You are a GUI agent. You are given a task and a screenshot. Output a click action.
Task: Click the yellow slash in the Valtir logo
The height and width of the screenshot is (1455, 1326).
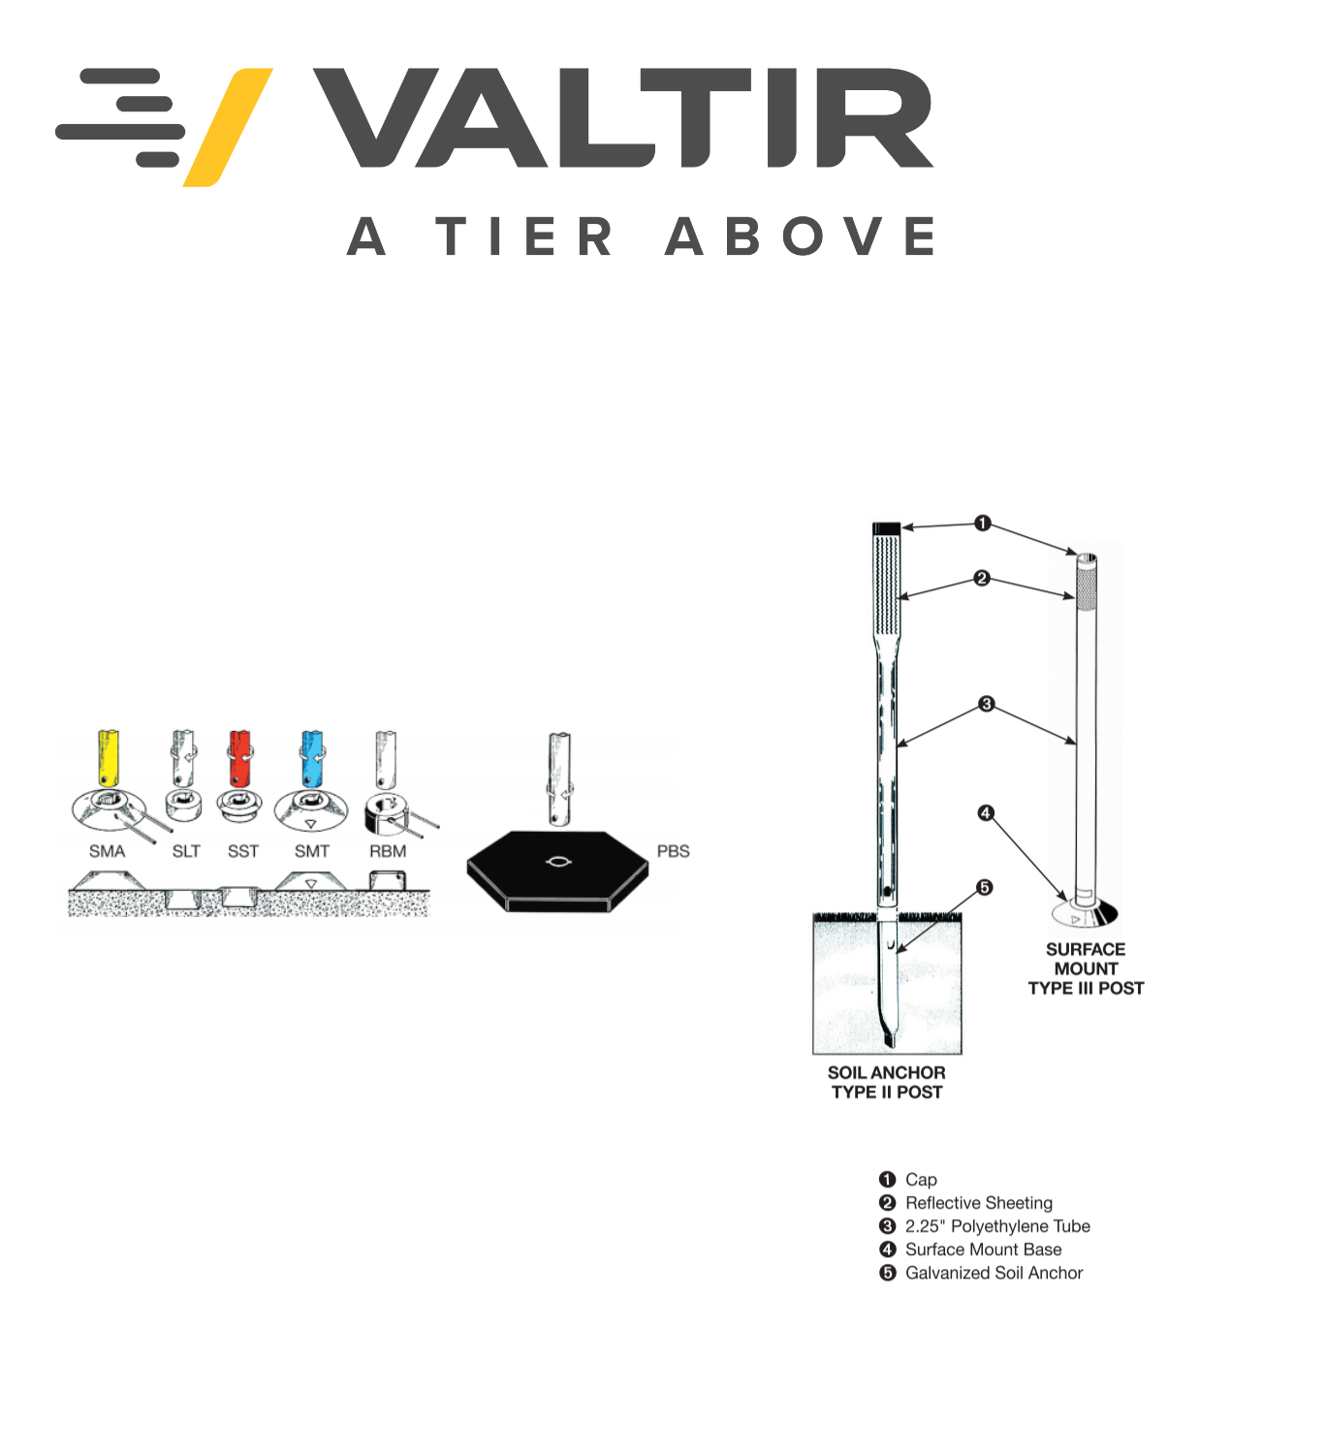tap(228, 127)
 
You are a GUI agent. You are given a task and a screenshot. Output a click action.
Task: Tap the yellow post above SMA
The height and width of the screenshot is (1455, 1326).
tap(109, 757)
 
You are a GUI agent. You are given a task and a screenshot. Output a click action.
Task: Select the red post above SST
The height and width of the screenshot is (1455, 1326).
tap(240, 758)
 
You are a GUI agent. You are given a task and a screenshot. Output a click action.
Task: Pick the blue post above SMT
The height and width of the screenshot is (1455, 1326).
tap(311, 758)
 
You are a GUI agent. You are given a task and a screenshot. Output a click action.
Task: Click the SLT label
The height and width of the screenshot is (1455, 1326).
tap(186, 851)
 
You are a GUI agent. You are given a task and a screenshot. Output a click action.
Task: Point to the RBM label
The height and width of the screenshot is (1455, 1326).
tap(388, 851)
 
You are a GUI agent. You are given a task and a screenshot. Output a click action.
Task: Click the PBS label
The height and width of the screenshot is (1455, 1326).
tap(673, 851)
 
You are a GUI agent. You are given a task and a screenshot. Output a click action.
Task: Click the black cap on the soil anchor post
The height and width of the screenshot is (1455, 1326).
tap(886, 528)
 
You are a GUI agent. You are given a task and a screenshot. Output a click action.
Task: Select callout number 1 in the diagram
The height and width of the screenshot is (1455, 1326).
tap(982, 522)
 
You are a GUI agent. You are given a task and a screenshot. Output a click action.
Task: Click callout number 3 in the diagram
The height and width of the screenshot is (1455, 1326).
tap(986, 704)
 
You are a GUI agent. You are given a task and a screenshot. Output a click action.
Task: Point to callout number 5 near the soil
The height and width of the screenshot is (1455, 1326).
tap(985, 887)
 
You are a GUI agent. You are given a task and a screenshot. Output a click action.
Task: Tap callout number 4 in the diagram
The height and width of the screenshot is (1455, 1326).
tap(985, 812)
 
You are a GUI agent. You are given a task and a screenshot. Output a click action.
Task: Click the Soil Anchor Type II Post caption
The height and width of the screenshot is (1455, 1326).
tap(886, 1082)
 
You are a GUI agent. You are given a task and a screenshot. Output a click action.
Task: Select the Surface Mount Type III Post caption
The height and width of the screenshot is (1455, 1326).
tap(1086, 968)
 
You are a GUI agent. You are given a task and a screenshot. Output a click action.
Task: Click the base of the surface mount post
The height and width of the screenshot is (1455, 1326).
tap(1085, 913)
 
